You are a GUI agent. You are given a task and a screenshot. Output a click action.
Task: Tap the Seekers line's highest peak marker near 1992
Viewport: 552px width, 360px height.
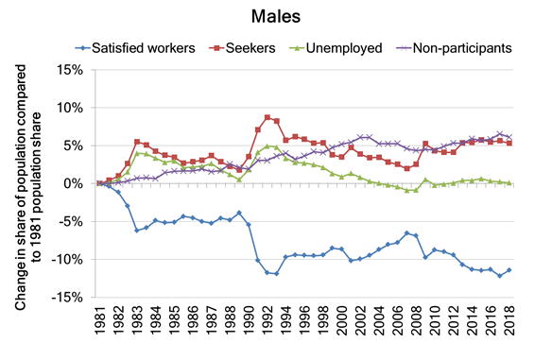pos(267,117)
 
